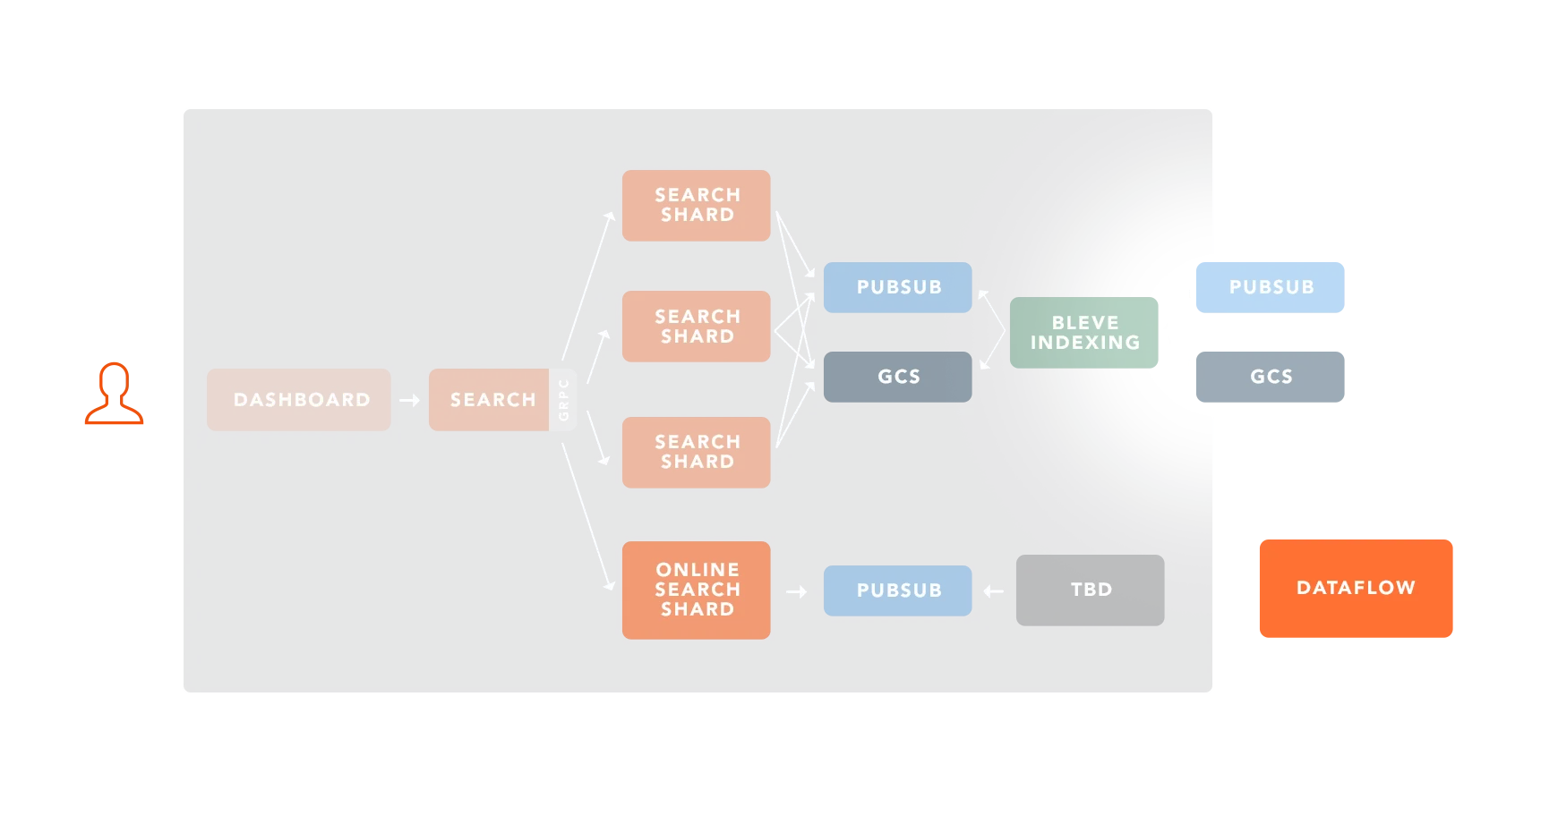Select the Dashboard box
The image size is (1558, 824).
click(299, 400)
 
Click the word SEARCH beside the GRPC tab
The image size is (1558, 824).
click(492, 400)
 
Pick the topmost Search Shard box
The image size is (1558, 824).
click(696, 206)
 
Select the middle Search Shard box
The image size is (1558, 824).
click(696, 327)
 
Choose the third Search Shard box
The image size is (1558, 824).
click(696, 452)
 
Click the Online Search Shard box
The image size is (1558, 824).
click(696, 590)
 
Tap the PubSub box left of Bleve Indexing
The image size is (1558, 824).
click(897, 287)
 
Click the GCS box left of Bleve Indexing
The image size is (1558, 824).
click(897, 377)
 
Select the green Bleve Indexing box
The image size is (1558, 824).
click(1083, 333)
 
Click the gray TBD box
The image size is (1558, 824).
click(1090, 590)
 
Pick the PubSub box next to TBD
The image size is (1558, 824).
click(897, 590)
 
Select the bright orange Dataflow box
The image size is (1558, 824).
click(1356, 588)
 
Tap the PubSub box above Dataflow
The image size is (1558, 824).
click(1271, 287)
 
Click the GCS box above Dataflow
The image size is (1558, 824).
click(1271, 378)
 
